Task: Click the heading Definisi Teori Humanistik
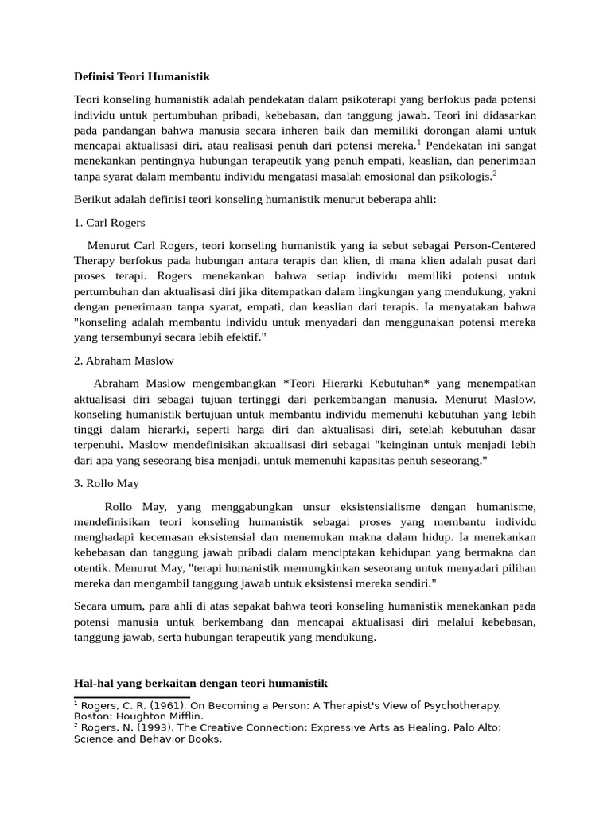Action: coord(142,77)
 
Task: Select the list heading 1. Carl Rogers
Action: coord(109,223)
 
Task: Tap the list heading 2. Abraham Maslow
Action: coord(123,361)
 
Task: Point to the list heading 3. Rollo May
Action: coord(107,482)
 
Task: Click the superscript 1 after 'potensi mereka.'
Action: coord(419,142)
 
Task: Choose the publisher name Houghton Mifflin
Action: coord(158,716)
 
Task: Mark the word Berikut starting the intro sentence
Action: coord(93,198)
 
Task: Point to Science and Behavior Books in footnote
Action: coord(146,739)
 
